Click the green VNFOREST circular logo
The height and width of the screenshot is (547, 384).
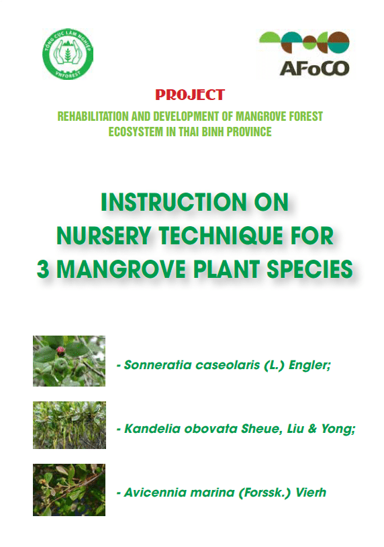point(68,54)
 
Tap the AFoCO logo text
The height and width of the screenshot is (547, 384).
point(314,68)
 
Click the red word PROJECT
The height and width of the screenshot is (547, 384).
point(190,95)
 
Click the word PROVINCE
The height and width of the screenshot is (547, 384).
point(249,132)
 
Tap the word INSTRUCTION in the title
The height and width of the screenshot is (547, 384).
point(174,202)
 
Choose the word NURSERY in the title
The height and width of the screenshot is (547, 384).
point(103,236)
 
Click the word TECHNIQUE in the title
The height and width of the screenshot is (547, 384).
point(221,236)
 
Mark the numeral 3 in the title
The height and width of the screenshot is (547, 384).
point(43,269)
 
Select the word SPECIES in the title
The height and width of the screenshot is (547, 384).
point(309,269)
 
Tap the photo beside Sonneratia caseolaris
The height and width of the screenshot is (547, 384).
point(69,361)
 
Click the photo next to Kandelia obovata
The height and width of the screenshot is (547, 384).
point(69,425)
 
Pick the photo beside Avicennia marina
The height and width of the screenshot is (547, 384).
point(69,490)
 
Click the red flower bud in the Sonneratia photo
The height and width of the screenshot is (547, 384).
point(60,349)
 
